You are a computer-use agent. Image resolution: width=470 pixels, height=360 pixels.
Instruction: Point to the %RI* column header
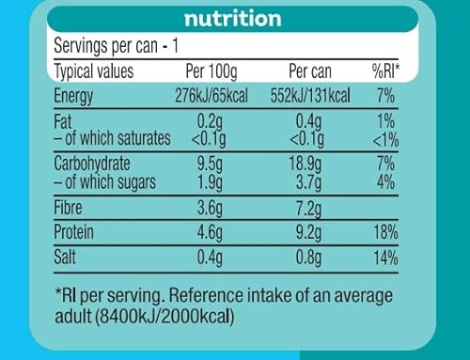tap(384, 70)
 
